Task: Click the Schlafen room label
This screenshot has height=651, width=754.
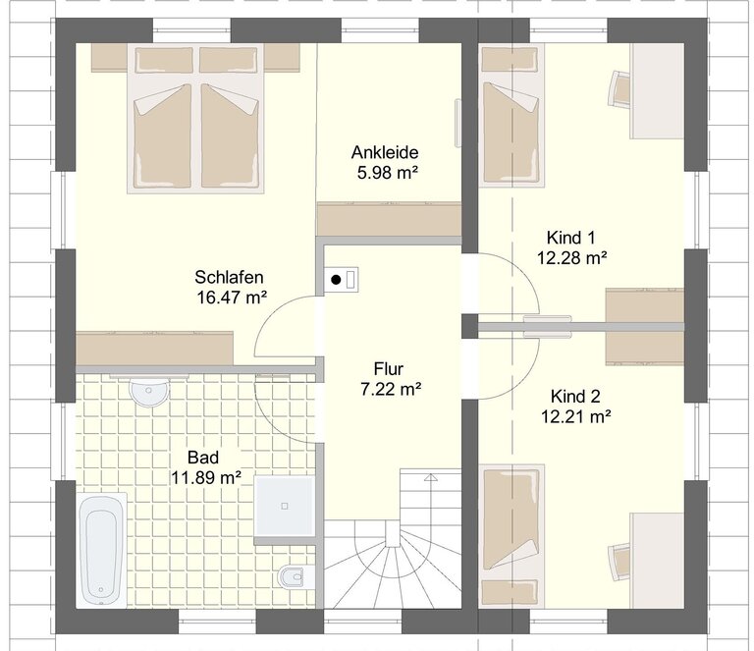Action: click(x=229, y=278)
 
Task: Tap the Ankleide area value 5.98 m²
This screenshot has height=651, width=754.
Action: click(x=387, y=172)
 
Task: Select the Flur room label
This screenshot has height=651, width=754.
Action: click(x=389, y=369)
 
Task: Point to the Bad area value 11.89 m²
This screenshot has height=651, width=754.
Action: click(x=206, y=477)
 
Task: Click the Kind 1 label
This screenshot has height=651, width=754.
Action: click(x=570, y=238)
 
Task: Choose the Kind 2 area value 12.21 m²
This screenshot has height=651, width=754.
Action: click(x=576, y=416)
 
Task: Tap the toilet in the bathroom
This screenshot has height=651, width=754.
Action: click(x=294, y=576)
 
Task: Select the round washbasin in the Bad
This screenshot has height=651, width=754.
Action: click(x=149, y=392)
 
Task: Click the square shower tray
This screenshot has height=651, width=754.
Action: click(x=285, y=506)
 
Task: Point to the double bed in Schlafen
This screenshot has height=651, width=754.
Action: click(x=195, y=119)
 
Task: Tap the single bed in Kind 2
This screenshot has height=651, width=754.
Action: click(x=512, y=535)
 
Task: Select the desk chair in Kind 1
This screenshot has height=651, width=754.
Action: click(x=620, y=88)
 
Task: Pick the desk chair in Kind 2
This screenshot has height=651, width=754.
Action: click(x=620, y=563)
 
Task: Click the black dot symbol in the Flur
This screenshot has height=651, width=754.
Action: click(x=336, y=279)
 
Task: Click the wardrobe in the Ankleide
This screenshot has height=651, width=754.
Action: click(x=389, y=219)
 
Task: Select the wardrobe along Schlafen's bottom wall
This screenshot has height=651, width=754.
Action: click(x=154, y=349)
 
